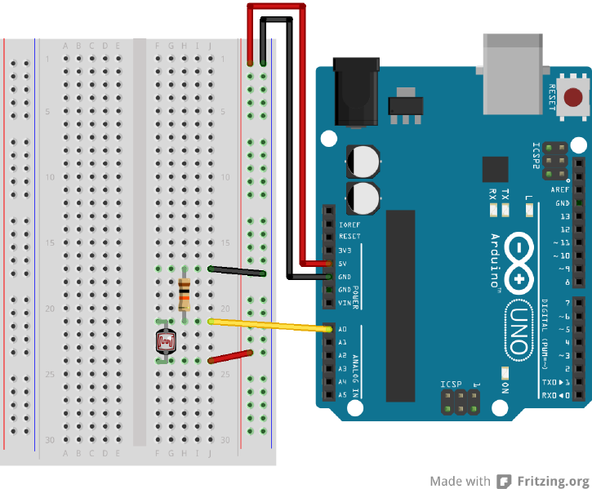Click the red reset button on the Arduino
tap(576, 96)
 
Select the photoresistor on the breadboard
tap(166, 340)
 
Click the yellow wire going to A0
tap(269, 326)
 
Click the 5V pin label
tap(344, 264)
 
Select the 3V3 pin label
tap(343, 251)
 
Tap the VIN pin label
tap(343, 303)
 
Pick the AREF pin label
tap(559, 189)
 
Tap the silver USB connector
tap(512, 73)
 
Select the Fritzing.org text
tap(553, 481)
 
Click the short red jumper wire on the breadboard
tap(231, 356)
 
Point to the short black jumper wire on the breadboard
tap(237, 271)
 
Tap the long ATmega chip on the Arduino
tap(400, 306)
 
